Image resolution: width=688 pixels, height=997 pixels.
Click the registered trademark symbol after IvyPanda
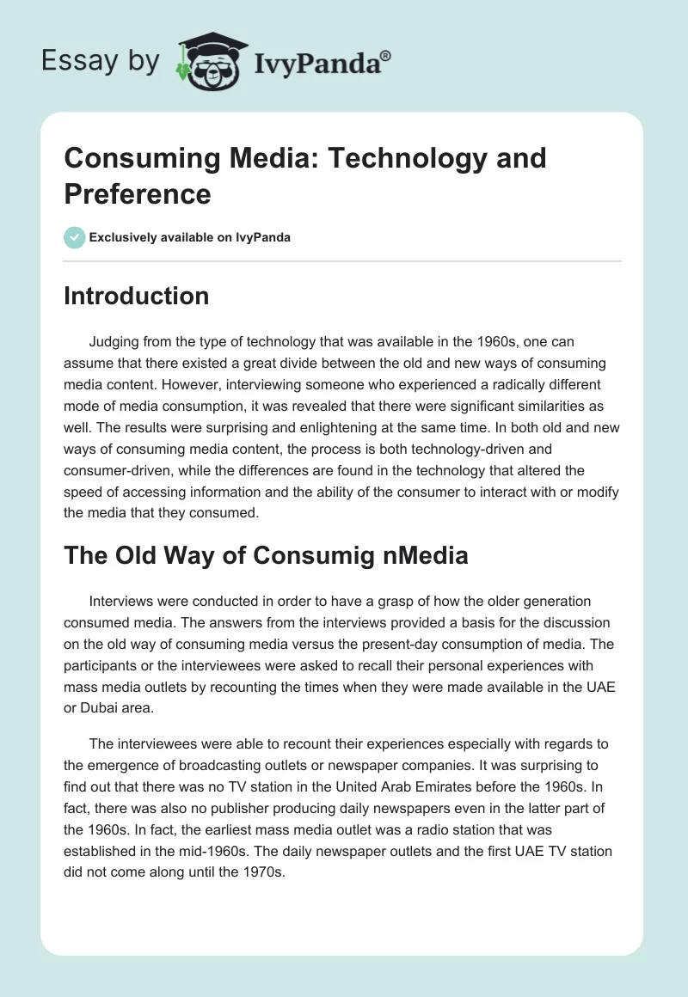tap(386, 55)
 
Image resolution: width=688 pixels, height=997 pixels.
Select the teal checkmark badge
tap(75, 237)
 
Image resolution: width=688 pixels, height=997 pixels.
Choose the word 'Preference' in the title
tap(138, 193)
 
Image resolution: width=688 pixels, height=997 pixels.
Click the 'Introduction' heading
tap(136, 296)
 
